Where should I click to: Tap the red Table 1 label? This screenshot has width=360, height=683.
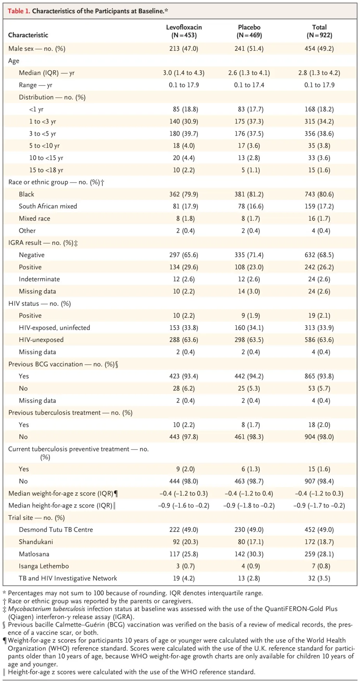coord(19,11)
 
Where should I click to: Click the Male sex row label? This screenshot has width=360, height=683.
coord(37,49)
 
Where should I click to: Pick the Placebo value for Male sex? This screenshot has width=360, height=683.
coord(249,49)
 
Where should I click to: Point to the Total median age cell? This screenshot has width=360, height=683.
coord(319,73)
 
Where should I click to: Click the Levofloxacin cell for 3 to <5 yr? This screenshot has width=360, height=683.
coord(184,133)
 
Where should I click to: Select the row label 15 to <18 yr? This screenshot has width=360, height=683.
coord(46,170)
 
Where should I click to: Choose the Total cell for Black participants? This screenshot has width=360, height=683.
coord(319,194)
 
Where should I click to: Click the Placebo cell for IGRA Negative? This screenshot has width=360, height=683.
coord(249,255)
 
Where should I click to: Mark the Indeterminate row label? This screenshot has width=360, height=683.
coord(39,279)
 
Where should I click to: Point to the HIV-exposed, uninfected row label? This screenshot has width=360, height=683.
coord(54,328)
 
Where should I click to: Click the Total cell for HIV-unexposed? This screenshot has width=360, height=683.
coord(319,340)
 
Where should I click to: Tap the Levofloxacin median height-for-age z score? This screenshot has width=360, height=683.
coord(184,505)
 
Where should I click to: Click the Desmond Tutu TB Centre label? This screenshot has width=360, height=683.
coord(56,530)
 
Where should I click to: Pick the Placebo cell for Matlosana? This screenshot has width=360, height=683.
coord(249,554)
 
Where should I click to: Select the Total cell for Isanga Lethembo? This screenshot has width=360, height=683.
coord(319,566)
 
